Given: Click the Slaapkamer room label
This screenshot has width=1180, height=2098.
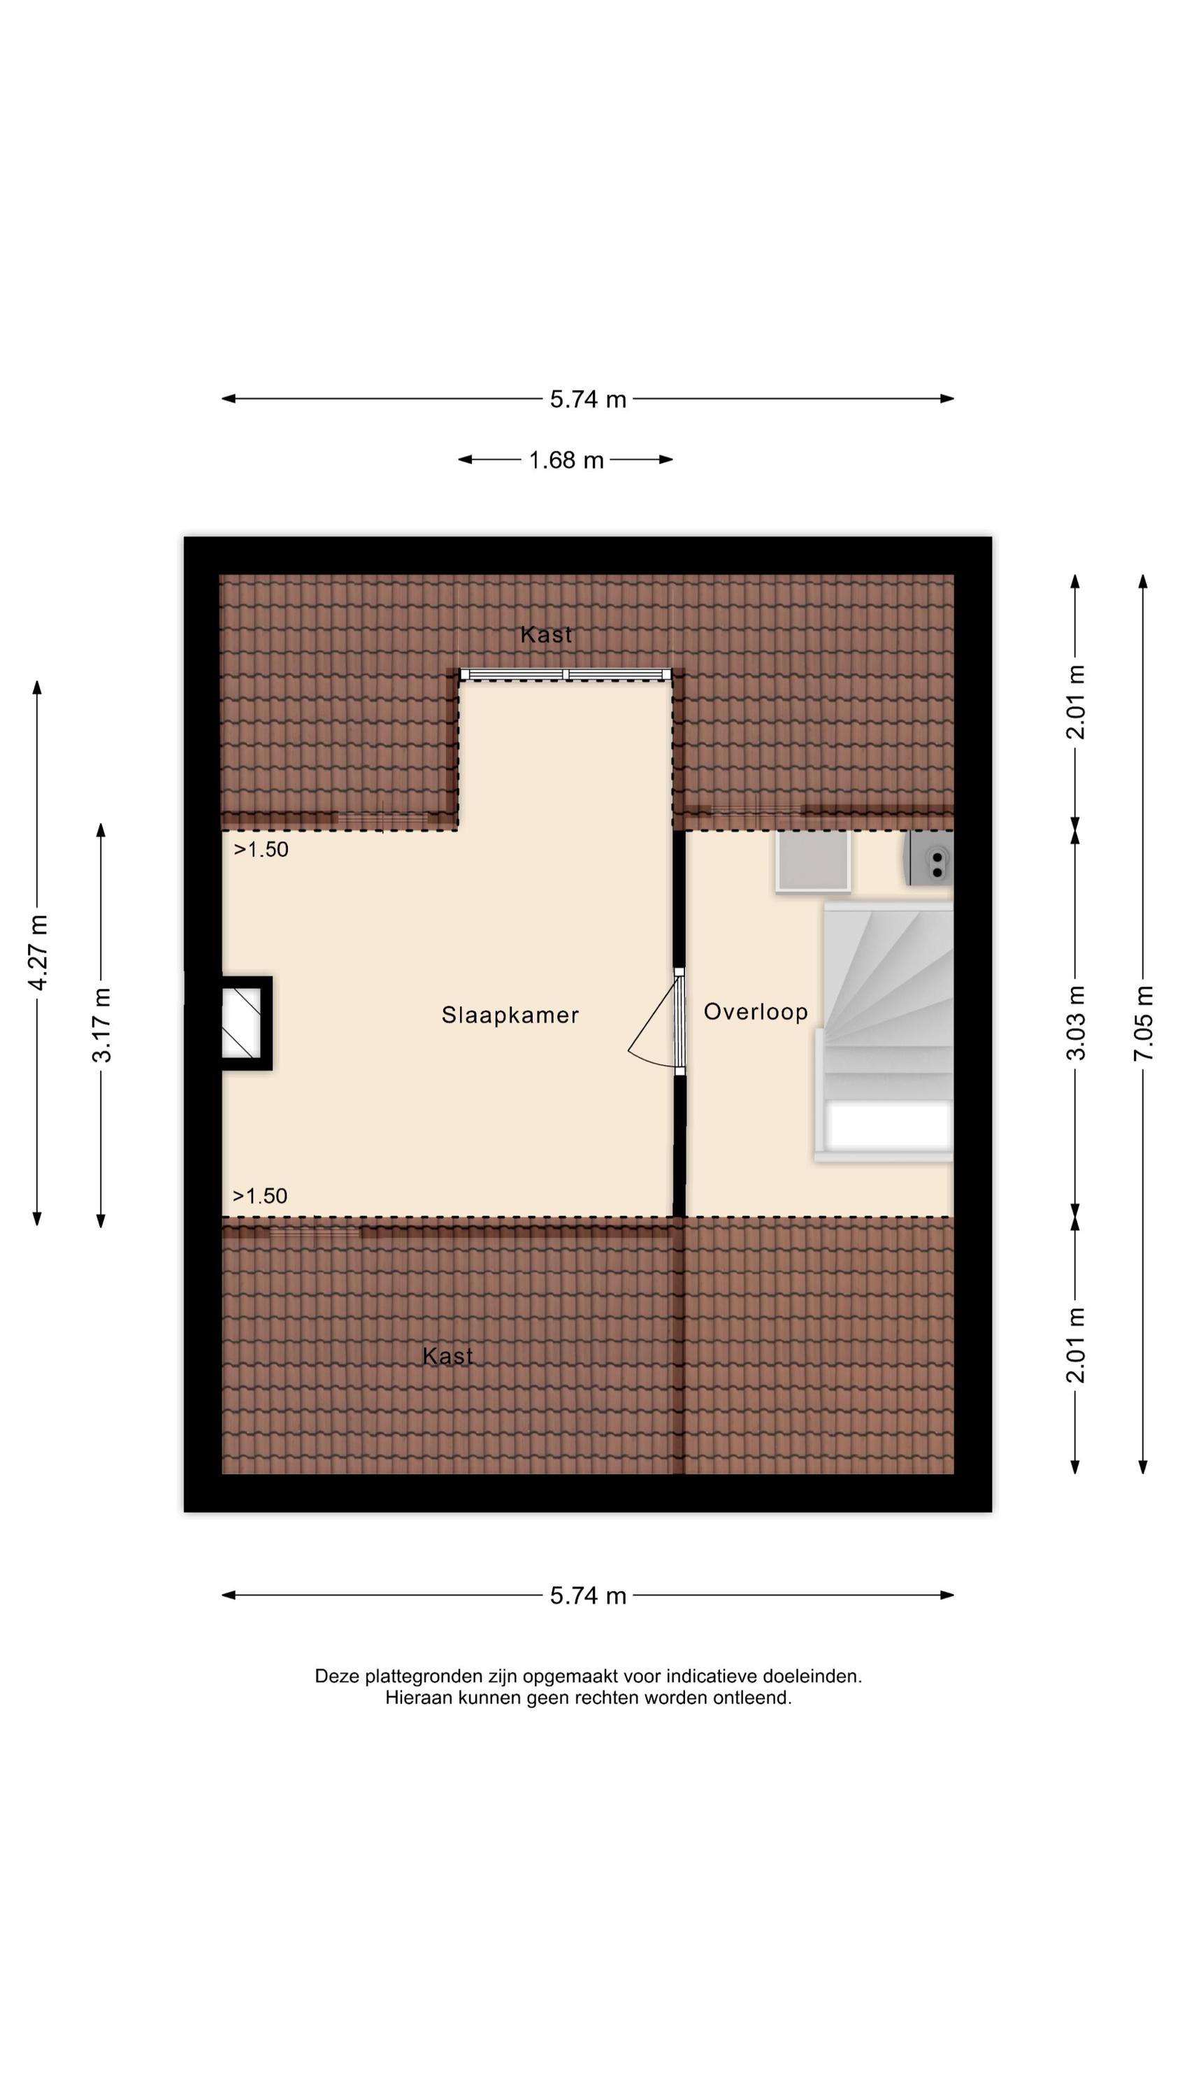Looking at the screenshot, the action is click(510, 1015).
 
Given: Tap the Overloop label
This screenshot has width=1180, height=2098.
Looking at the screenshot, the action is click(756, 1011).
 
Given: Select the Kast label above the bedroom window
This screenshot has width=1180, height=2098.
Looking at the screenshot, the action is click(546, 634).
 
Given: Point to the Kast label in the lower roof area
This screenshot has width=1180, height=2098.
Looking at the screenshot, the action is click(448, 1356).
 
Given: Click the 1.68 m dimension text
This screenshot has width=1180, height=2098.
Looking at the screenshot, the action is click(566, 460).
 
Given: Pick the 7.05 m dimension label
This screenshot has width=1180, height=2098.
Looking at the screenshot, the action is click(1144, 1022).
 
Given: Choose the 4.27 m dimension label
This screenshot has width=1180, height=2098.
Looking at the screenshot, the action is click(38, 952).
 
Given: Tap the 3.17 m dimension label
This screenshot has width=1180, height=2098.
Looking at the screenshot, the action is click(102, 1025).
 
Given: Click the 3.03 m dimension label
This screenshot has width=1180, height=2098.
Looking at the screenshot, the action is click(1076, 1022).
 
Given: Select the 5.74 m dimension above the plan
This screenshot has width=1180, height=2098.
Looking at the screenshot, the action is click(588, 399).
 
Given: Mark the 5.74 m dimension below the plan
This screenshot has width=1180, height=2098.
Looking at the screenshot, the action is click(588, 1595).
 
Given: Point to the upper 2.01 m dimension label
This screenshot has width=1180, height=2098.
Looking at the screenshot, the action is click(1076, 702).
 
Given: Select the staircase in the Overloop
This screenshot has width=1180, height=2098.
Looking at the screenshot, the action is click(884, 1031).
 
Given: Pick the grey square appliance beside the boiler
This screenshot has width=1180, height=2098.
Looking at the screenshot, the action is click(813, 861).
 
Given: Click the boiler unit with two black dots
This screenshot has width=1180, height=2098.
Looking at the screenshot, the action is click(928, 858).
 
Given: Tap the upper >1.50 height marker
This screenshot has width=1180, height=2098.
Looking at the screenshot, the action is click(261, 850).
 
